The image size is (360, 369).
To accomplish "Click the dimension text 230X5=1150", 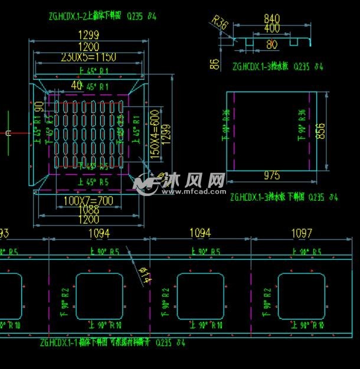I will (x=88, y=57).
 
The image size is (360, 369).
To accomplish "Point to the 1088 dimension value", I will (x=89, y=210).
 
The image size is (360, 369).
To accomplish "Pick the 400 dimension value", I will (x=272, y=28).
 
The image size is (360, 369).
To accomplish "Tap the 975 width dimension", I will (x=272, y=175).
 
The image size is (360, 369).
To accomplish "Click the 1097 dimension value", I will (x=302, y=234).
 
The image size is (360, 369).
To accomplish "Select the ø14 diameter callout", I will (x=144, y=276).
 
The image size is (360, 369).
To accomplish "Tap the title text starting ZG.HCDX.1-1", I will (x=112, y=342).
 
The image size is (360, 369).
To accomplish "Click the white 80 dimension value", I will (x=271, y=45).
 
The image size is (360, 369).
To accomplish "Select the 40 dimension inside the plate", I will (x=76, y=85).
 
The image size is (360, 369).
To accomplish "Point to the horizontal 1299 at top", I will (x=89, y=35).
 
